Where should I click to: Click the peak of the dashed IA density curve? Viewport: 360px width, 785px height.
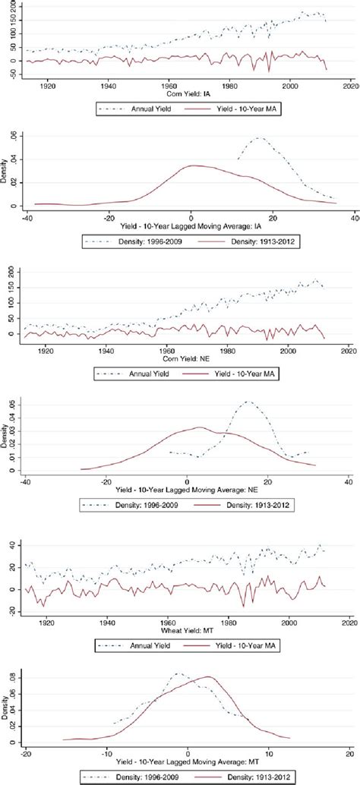click(x=260, y=138)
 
